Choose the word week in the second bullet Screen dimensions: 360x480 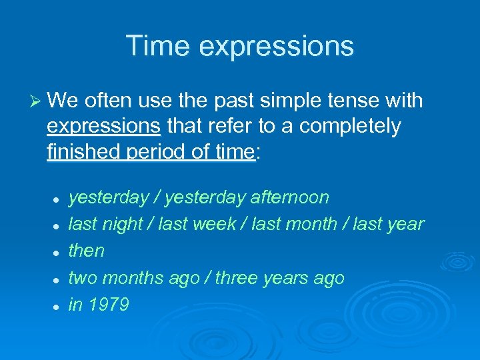214,225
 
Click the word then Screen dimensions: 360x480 87,251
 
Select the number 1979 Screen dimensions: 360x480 108,305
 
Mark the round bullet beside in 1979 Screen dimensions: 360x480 58,306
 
